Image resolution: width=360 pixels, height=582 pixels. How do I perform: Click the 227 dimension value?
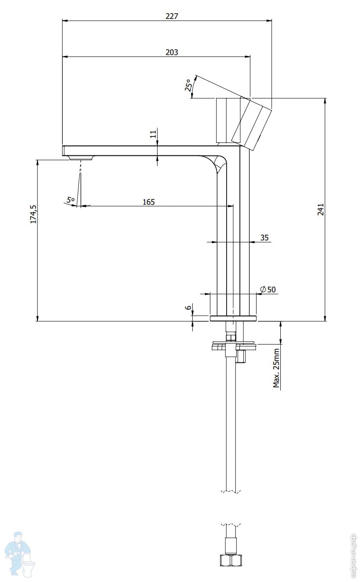[x=172, y=16]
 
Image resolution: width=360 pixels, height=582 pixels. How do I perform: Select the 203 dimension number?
[x=172, y=52]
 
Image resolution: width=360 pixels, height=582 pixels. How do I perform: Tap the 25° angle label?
[x=189, y=85]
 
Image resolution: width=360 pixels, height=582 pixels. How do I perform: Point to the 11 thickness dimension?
[x=154, y=134]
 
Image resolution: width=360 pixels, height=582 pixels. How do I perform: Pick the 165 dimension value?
[x=149, y=202]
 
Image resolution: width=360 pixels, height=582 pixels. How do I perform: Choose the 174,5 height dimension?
[x=33, y=214]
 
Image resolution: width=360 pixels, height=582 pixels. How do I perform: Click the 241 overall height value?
[x=321, y=210]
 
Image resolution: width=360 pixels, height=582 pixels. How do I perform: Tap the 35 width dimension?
[x=264, y=237]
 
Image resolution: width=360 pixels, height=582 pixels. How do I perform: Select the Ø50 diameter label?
[x=268, y=289]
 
